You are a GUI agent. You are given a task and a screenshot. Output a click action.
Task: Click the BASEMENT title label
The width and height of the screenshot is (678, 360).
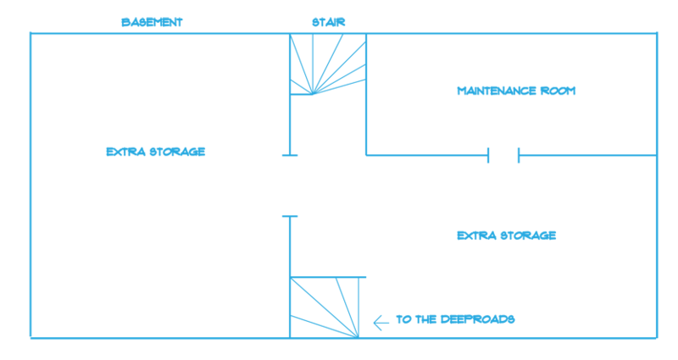pyautogui.click(x=153, y=23)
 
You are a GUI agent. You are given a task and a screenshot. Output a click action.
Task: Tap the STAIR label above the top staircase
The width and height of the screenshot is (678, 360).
pyautogui.click(x=329, y=23)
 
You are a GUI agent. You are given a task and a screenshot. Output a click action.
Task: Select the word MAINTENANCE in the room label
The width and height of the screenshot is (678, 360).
pyautogui.click(x=491, y=91)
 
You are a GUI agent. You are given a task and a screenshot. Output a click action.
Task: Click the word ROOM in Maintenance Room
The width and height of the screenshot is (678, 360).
pyautogui.click(x=559, y=91)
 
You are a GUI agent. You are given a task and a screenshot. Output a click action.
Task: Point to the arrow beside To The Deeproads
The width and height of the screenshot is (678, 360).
pyautogui.click(x=381, y=323)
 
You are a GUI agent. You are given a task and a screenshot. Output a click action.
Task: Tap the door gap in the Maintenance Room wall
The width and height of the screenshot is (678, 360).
pyautogui.click(x=503, y=155)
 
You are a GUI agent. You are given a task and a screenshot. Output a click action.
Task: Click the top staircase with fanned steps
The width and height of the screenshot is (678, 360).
pyautogui.click(x=328, y=64)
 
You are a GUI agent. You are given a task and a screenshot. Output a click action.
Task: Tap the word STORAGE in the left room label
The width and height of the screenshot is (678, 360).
pyautogui.click(x=177, y=152)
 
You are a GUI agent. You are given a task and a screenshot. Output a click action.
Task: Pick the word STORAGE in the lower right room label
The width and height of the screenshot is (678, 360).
pyautogui.click(x=528, y=235)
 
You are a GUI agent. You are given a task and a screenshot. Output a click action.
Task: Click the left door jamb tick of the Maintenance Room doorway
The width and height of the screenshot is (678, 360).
pyautogui.click(x=488, y=155)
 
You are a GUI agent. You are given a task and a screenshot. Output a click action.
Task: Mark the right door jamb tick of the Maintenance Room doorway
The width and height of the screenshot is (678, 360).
pyautogui.click(x=519, y=155)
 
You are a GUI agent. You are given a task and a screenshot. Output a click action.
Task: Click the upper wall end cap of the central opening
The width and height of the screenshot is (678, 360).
pyautogui.click(x=290, y=155)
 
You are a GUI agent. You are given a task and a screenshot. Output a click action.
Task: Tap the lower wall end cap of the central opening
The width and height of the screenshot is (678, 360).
pyautogui.click(x=290, y=216)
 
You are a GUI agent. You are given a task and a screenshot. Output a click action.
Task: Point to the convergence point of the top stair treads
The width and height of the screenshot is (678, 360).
pyautogui.click(x=313, y=94)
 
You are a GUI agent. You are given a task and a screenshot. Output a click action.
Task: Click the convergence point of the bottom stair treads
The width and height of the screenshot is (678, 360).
pyautogui.click(x=358, y=337)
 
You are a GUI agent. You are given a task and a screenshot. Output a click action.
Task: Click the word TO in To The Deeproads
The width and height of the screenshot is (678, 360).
pyautogui.click(x=404, y=319)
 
